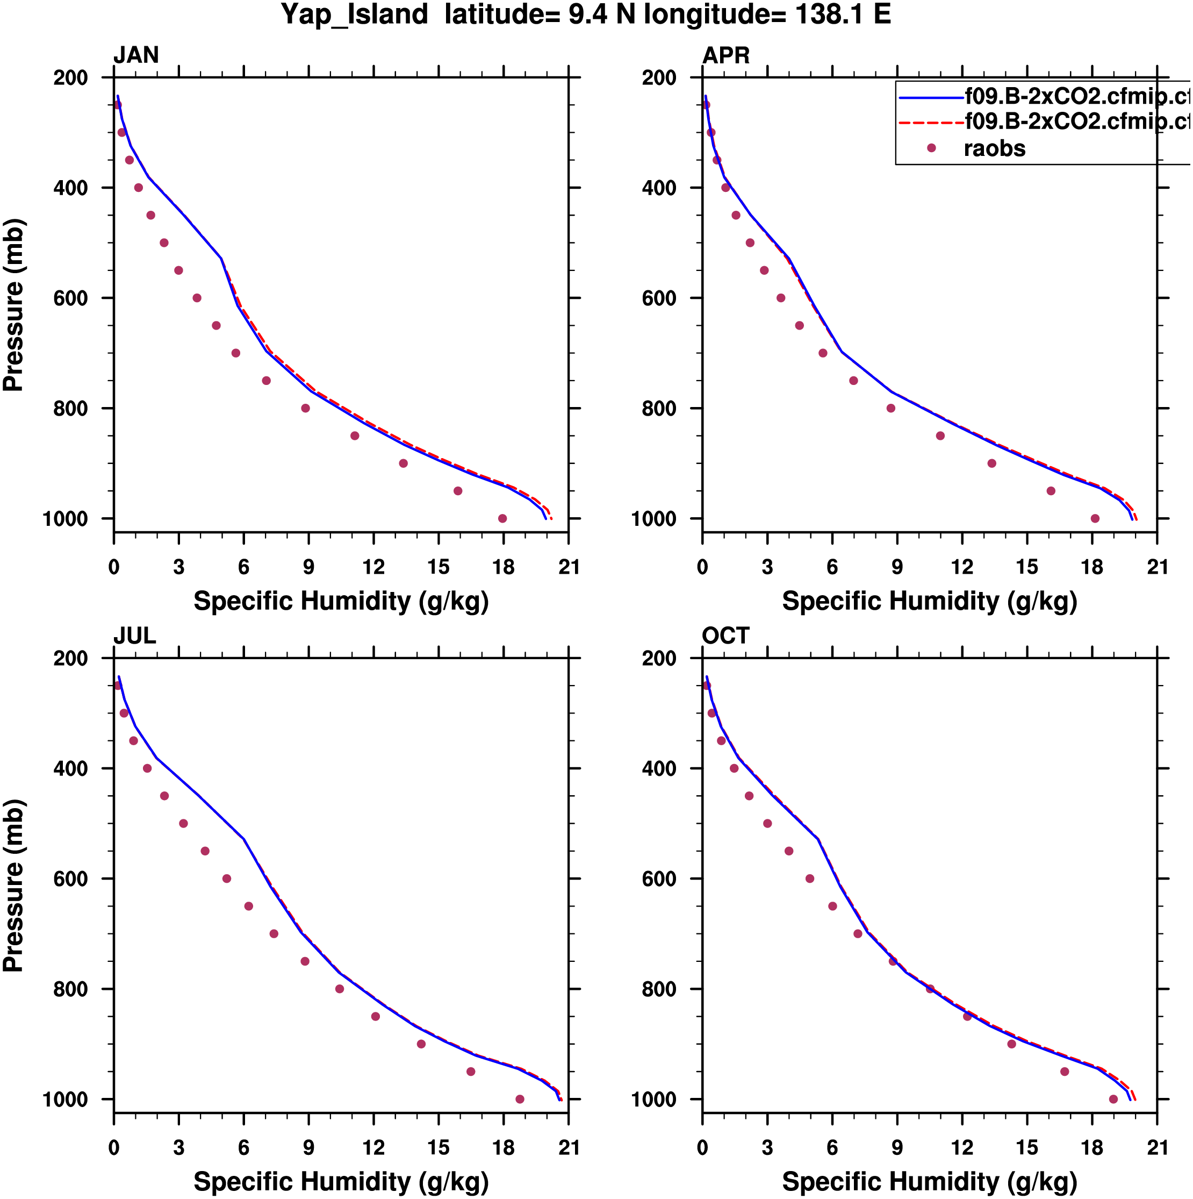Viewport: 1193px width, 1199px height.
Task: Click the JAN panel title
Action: tap(136, 55)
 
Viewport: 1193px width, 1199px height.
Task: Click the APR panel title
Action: tap(726, 55)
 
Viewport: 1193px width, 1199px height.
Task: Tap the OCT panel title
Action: tap(726, 636)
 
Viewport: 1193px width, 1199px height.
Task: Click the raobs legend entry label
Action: tap(995, 149)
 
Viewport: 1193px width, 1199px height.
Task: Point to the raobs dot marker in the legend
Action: tap(931, 148)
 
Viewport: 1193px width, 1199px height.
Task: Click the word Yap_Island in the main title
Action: tap(354, 15)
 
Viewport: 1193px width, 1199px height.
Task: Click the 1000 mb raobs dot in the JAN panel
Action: tap(502, 519)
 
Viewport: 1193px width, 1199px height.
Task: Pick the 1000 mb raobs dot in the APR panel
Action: tap(1095, 519)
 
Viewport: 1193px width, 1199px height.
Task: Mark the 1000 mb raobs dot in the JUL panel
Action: tap(520, 1099)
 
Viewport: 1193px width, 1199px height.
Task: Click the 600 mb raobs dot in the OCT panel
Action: tap(810, 879)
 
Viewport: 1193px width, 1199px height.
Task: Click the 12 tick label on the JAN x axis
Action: tap(373, 567)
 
